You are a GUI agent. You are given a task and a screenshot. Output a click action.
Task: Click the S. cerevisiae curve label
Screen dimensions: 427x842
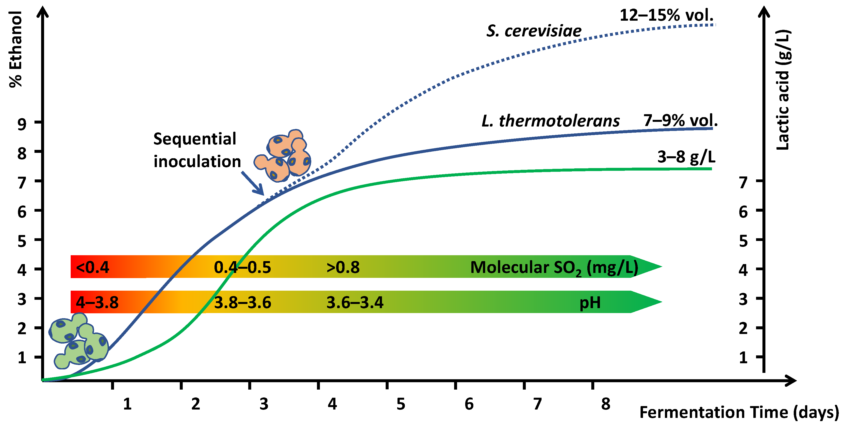pyautogui.click(x=534, y=31)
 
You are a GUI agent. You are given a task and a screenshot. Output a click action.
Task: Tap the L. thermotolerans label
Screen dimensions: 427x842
pyautogui.click(x=550, y=121)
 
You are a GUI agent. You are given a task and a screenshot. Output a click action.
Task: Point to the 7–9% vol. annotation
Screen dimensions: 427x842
pyautogui.click(x=680, y=120)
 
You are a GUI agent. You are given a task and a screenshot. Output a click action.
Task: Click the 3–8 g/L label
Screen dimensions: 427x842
pyautogui.click(x=686, y=157)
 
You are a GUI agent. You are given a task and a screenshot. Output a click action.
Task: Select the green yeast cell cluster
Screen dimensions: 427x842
pyautogui.click(x=79, y=341)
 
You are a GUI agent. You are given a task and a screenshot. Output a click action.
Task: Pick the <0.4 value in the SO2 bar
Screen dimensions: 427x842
pyautogui.click(x=93, y=267)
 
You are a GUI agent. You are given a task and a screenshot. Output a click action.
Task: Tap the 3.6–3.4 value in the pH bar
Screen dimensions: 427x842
pyautogui.click(x=355, y=302)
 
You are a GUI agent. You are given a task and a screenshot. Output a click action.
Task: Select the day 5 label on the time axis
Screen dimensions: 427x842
pyautogui.click(x=401, y=404)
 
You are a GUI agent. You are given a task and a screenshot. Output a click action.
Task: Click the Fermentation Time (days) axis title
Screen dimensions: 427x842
pyautogui.click(x=739, y=412)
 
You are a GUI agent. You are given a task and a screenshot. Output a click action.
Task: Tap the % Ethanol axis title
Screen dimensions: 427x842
pyautogui.click(x=15, y=49)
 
